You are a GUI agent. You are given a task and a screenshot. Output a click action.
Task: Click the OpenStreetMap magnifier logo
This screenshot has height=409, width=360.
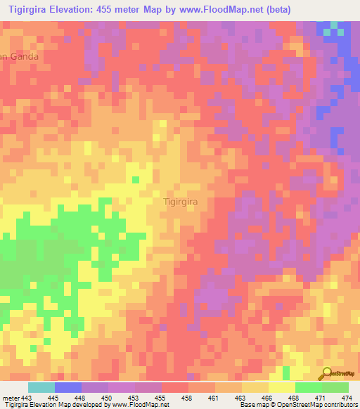(327, 374)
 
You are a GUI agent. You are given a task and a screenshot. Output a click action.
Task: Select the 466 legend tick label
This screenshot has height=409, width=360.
(266, 397)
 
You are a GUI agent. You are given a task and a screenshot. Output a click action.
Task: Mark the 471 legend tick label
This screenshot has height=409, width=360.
(319, 397)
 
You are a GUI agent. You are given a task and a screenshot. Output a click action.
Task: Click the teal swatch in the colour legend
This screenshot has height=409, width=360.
(41, 387)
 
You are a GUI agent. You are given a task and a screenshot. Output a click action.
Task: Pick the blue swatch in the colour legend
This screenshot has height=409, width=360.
(67, 387)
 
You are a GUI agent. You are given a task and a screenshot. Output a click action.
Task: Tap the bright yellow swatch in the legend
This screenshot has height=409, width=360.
(281, 387)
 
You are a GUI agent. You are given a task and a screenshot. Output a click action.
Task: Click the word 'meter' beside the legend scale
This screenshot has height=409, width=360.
(11, 397)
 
